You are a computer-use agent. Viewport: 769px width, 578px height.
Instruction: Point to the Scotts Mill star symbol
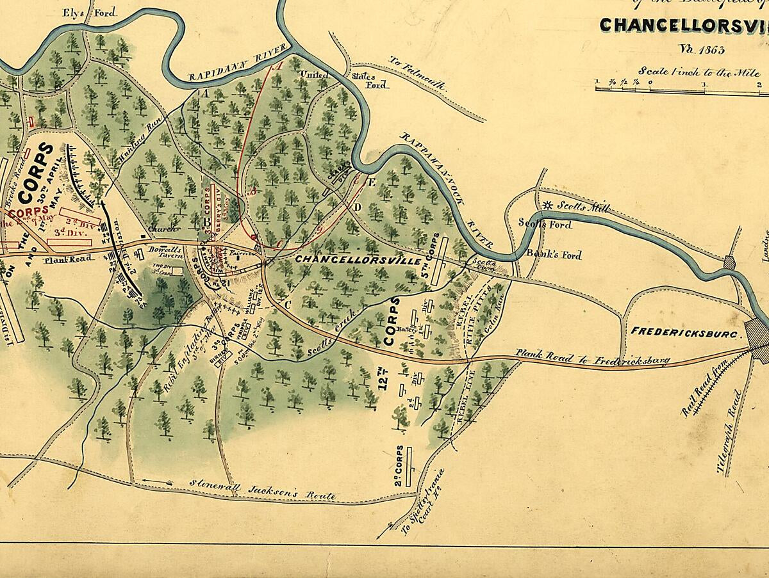[x=547, y=205]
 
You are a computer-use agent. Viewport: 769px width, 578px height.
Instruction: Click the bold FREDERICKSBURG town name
[x=686, y=332]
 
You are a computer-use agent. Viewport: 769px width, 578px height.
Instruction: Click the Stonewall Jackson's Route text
[x=263, y=490]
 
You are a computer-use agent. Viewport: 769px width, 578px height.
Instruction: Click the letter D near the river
[x=358, y=207]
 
